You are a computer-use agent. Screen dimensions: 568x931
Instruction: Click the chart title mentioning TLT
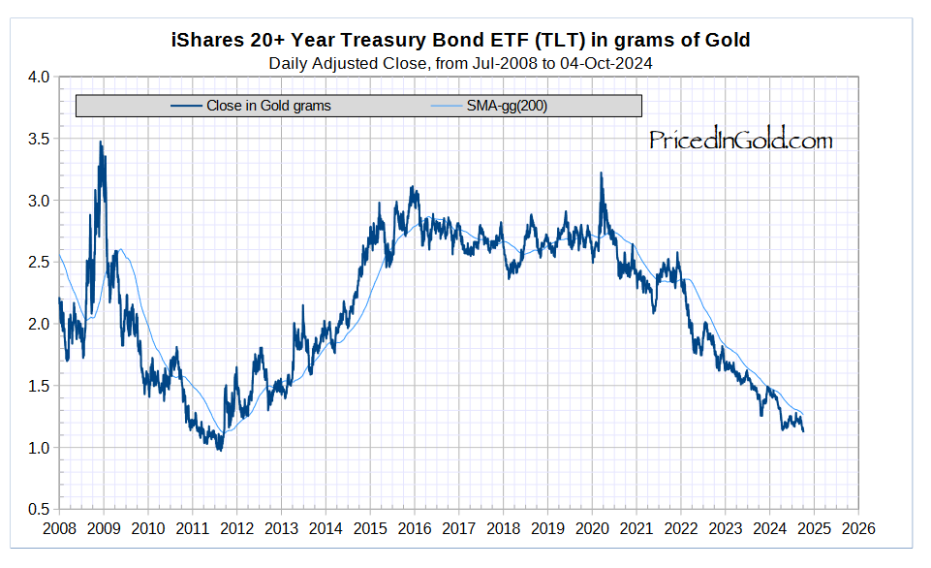click(x=460, y=41)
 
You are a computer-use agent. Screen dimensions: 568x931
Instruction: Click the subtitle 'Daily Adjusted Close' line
click(x=460, y=64)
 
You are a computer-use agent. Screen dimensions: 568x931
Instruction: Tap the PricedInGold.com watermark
click(x=740, y=141)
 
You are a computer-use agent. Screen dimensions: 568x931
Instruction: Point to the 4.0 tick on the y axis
click(x=38, y=78)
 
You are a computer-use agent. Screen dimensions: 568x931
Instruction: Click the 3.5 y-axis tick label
click(x=38, y=139)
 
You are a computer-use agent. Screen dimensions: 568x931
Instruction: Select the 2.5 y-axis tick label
click(x=38, y=263)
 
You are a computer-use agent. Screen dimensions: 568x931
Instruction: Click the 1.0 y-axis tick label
click(x=38, y=448)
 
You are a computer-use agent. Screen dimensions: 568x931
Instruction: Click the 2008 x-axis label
click(x=59, y=529)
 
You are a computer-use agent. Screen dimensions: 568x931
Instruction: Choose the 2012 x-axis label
click(x=237, y=529)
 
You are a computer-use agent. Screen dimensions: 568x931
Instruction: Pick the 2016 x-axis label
click(x=415, y=529)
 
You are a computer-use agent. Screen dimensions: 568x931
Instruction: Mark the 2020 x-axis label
click(x=593, y=529)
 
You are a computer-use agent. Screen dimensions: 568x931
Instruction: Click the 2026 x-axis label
click(x=859, y=529)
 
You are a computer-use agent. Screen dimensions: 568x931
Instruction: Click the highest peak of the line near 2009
click(x=100, y=142)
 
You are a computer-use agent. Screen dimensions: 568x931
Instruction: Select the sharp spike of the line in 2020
click(x=602, y=174)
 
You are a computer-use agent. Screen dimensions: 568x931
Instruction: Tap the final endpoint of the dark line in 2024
click(x=803, y=431)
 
